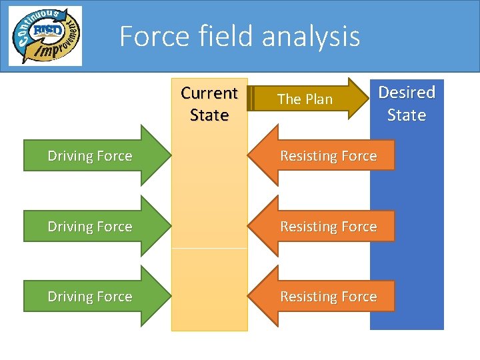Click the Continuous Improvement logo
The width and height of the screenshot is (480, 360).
(45, 36)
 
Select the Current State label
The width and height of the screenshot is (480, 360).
(209, 104)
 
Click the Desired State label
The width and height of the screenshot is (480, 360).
(407, 103)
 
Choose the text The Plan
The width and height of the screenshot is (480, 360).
(305, 99)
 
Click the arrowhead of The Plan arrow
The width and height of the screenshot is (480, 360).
(359, 99)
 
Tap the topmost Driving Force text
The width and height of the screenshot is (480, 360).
(90, 156)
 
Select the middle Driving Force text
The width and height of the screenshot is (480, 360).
(90, 227)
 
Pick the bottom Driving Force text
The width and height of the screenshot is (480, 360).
(90, 297)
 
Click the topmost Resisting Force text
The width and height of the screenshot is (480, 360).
(328, 156)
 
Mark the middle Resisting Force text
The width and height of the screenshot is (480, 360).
(328, 227)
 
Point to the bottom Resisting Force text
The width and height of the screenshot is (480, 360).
(328, 297)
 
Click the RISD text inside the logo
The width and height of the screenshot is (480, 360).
(45, 31)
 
